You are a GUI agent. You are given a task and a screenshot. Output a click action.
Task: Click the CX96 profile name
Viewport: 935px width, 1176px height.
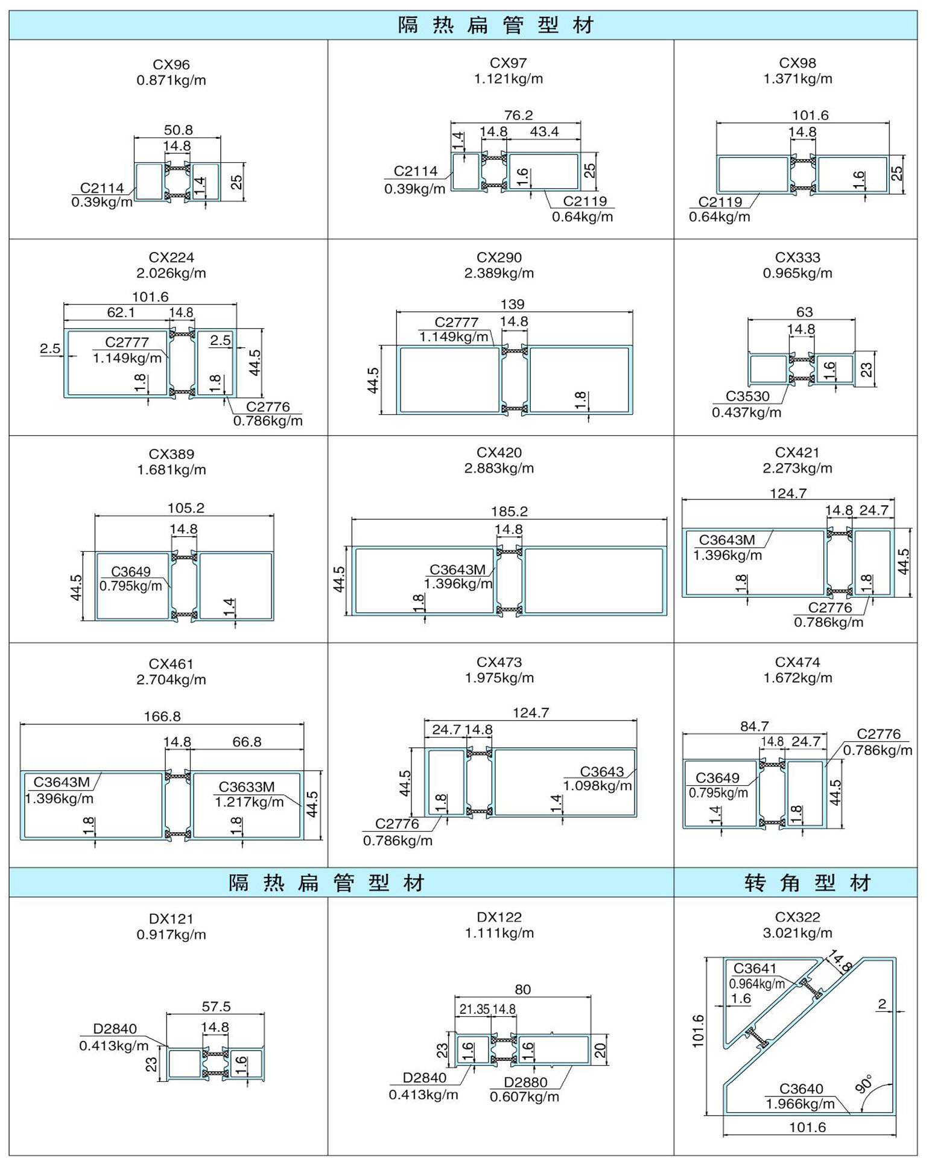pos(171,65)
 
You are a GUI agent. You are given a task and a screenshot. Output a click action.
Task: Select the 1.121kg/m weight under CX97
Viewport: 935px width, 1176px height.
pos(508,78)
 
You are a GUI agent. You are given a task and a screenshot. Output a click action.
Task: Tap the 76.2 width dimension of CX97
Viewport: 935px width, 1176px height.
pos(518,115)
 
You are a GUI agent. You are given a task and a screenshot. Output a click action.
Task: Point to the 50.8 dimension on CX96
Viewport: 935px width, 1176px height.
pos(178,130)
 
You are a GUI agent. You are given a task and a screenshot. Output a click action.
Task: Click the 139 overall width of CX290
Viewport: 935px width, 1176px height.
pos(512,305)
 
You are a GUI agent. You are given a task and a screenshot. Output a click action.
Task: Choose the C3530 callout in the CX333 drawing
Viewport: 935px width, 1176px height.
pos(747,396)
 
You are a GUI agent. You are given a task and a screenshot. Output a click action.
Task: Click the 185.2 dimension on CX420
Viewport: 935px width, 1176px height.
pos(509,511)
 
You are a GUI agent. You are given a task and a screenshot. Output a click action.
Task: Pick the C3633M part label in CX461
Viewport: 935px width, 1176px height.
pos(246,787)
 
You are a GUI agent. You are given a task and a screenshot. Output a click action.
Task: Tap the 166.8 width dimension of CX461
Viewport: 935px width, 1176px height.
pos(162,716)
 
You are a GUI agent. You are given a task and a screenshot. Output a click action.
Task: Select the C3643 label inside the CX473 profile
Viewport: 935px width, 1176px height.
pos(601,771)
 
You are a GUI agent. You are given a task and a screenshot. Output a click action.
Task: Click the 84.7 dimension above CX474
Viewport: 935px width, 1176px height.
pos(754,726)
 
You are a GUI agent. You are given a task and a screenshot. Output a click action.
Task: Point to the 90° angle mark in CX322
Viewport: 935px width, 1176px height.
pos(864,1084)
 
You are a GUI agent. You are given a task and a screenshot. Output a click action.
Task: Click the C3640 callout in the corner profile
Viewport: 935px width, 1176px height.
pos(800,1089)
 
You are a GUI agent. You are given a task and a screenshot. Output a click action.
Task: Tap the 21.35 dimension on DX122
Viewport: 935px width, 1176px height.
pos(474,1010)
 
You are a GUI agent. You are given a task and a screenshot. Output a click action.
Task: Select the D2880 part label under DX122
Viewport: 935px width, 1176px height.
pos(525,1083)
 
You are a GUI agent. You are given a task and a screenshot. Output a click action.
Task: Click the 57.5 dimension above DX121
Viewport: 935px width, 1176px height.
pos(216,1007)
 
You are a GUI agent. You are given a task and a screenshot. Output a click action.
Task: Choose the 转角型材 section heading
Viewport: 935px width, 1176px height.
pos(807,883)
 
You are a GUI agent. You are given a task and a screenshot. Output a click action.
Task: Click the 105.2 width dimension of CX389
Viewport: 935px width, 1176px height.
pos(186,508)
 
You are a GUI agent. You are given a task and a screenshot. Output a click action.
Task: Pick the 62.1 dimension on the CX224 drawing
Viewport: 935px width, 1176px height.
pos(121,312)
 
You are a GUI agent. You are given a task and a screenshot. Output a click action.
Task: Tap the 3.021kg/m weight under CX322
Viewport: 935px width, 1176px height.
pos(797,933)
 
